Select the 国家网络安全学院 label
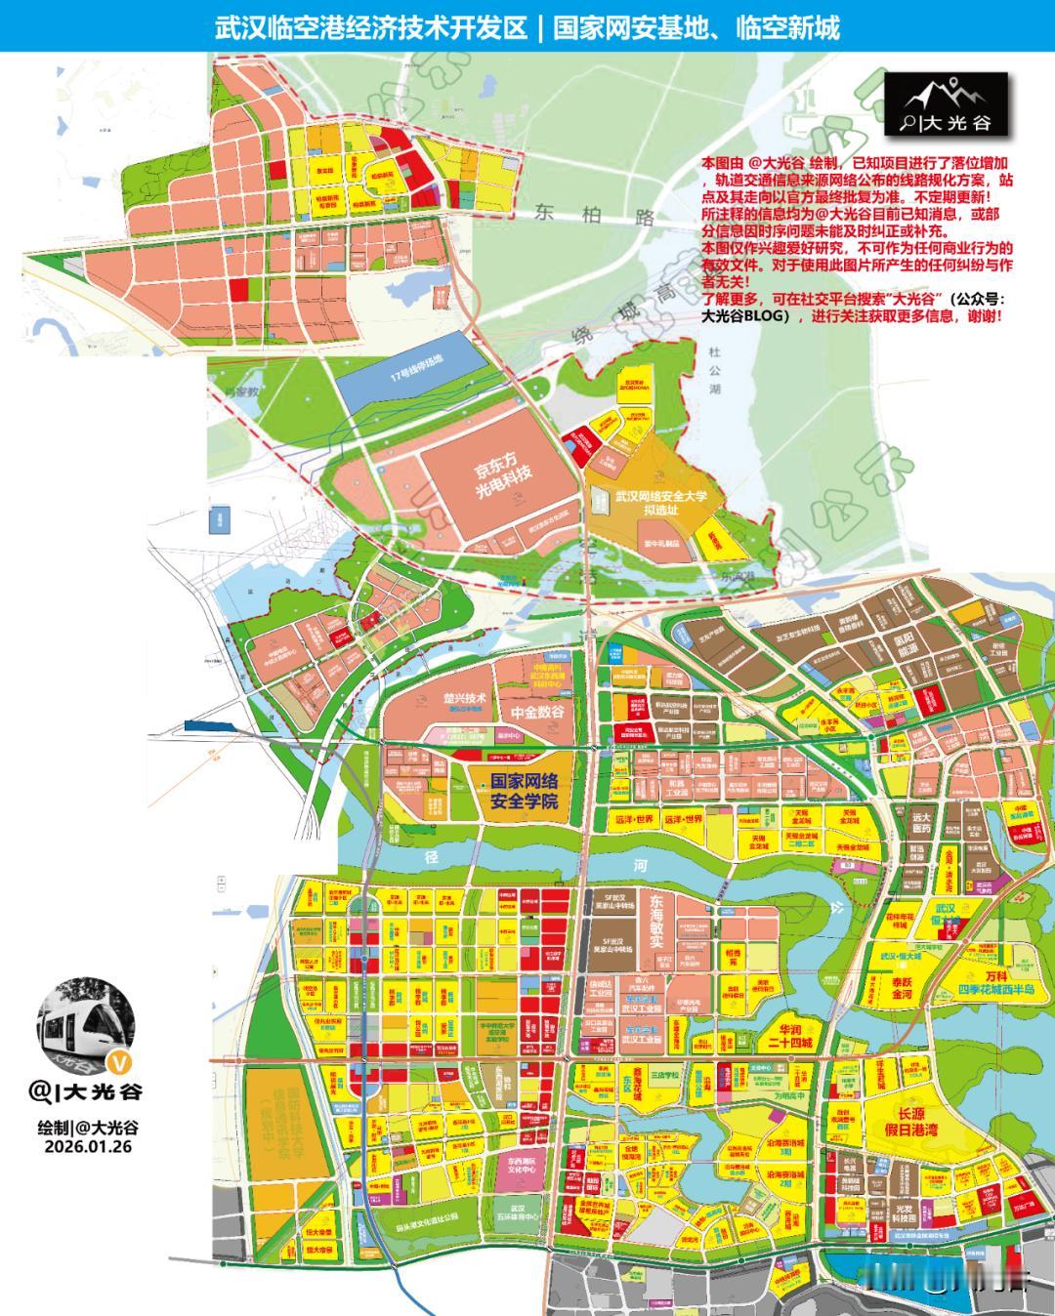[524, 791]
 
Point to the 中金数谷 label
[537, 713]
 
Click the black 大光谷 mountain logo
[945, 105]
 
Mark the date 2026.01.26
[88, 1147]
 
